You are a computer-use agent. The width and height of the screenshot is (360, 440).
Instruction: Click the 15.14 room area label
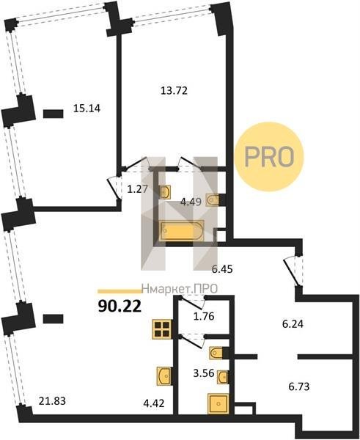click(87, 109)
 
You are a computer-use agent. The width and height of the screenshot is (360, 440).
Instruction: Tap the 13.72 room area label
click(174, 91)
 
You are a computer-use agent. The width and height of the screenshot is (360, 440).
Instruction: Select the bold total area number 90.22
click(120, 307)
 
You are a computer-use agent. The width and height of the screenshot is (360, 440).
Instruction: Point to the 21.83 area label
click(53, 401)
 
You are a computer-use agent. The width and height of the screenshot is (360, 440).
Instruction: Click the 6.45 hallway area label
click(222, 269)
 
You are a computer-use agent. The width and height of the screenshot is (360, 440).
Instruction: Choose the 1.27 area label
click(138, 189)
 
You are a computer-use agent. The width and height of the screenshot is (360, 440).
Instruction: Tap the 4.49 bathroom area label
click(191, 202)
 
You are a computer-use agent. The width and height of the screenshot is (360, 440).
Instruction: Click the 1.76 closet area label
click(204, 316)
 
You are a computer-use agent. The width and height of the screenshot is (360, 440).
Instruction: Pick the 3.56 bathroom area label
click(204, 373)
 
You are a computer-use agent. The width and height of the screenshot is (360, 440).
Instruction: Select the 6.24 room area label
click(293, 324)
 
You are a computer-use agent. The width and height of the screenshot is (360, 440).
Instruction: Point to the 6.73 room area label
click(299, 386)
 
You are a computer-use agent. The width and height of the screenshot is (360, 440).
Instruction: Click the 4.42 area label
click(154, 403)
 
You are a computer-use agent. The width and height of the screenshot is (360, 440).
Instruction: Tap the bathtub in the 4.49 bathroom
click(182, 231)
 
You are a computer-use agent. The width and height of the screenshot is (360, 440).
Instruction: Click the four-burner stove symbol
click(162, 329)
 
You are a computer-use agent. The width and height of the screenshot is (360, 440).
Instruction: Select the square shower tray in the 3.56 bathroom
click(218, 404)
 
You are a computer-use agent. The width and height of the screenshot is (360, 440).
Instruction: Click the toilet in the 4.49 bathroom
click(213, 200)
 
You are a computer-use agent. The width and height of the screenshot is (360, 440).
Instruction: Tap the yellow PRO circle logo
click(269, 157)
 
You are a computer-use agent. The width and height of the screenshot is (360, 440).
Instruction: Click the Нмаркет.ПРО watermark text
click(180, 289)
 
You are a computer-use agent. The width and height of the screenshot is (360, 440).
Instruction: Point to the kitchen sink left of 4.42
click(164, 375)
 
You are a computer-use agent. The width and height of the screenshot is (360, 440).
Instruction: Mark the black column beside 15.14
click(54, 114)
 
